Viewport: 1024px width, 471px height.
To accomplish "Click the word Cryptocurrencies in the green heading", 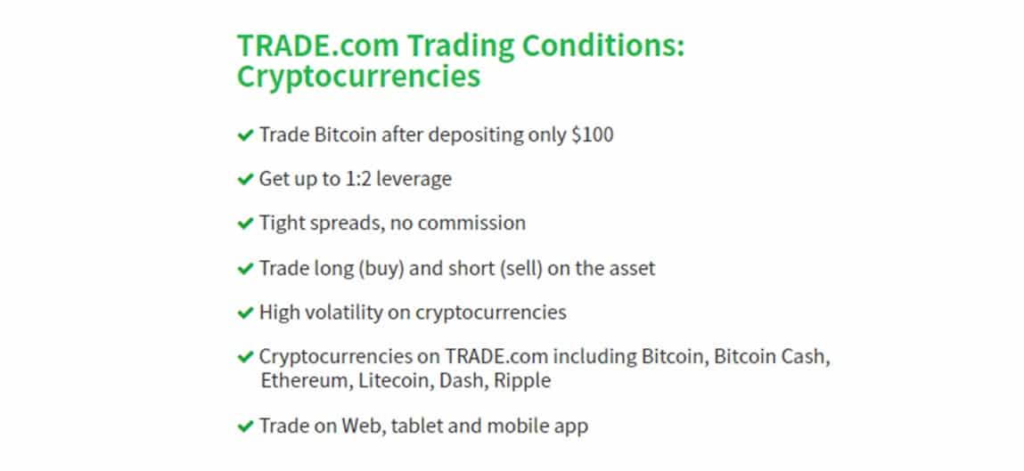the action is (358, 77).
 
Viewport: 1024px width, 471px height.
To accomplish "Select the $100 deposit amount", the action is (593, 135).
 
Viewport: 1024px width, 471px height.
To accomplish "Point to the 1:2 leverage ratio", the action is (358, 179).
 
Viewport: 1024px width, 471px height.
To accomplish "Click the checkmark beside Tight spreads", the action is (245, 223).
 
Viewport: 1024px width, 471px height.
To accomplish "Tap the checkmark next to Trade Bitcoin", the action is (245, 135).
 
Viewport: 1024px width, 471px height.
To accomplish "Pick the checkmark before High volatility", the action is (245, 313).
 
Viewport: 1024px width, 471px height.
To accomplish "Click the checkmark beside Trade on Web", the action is (245, 426).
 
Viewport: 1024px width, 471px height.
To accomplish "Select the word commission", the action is (471, 223).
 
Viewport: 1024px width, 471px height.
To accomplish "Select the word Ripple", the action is (522, 381).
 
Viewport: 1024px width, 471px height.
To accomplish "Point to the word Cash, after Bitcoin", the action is (807, 358).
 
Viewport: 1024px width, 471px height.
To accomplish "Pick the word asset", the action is (630, 268).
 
